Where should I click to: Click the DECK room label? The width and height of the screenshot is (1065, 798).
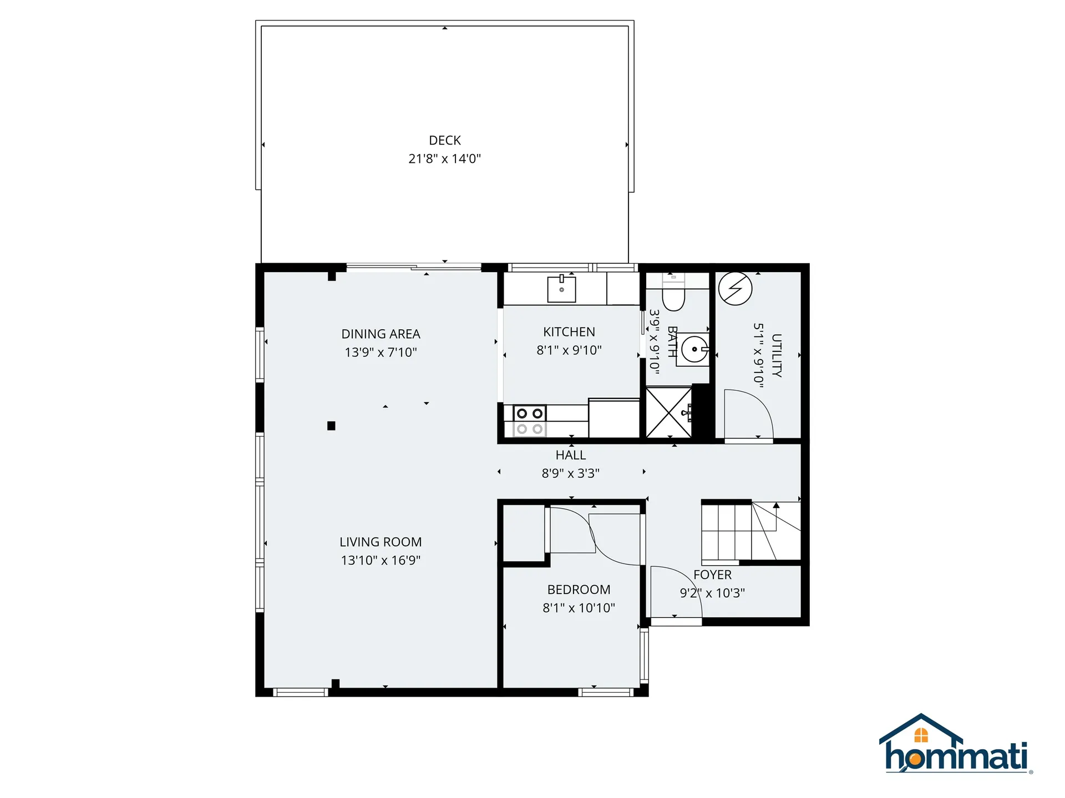(x=444, y=140)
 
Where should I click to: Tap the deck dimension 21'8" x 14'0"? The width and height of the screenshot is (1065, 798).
(x=444, y=158)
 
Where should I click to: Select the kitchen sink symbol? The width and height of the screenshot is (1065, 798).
(x=561, y=289)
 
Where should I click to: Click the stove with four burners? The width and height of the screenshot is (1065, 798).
(x=530, y=421)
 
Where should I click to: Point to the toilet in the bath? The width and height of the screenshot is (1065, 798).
(x=673, y=297)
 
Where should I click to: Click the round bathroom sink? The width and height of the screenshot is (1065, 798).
(x=694, y=349)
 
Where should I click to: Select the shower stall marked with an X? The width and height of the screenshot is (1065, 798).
(x=669, y=413)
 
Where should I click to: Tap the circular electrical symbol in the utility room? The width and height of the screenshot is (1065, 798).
(x=735, y=288)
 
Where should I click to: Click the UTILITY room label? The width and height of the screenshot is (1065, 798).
(x=777, y=355)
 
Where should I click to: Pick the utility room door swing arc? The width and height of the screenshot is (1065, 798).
(x=749, y=413)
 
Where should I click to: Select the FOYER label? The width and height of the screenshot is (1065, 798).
(x=712, y=575)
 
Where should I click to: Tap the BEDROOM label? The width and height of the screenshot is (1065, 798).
(x=579, y=590)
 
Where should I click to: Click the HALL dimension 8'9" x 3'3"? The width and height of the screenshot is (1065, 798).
(x=570, y=473)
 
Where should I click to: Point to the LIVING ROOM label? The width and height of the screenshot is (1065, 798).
(x=381, y=542)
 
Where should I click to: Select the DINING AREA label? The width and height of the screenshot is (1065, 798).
(x=381, y=334)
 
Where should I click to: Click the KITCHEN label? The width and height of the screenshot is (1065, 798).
(x=569, y=332)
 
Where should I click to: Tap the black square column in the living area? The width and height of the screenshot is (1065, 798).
(x=331, y=426)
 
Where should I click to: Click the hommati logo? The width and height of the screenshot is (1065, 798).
(x=956, y=746)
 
